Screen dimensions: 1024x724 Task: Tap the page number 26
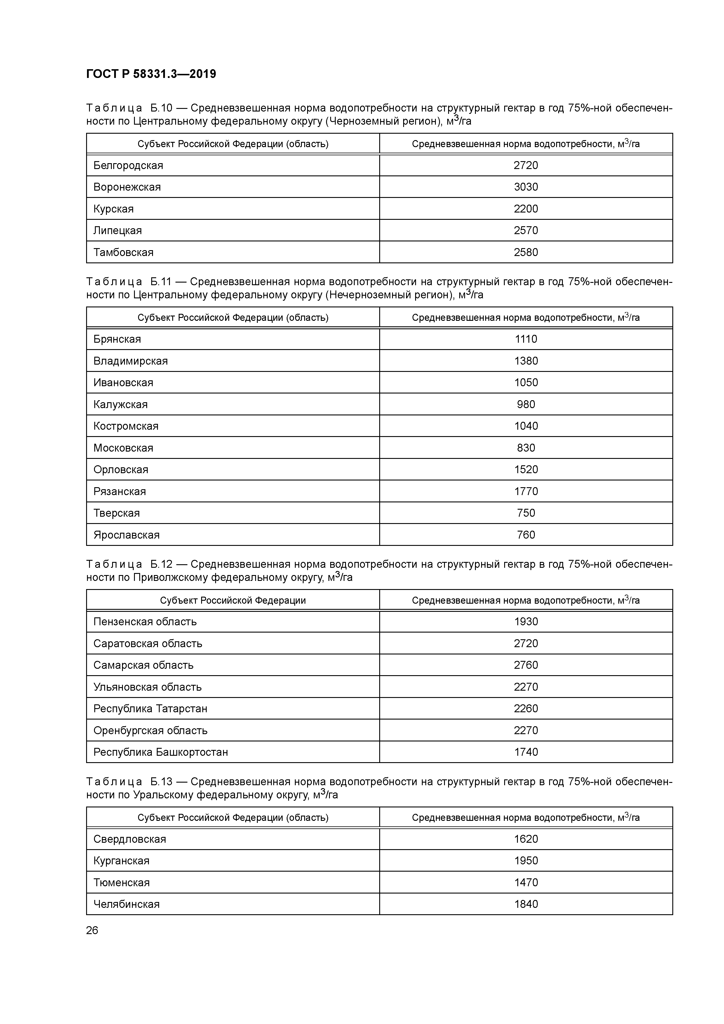tap(92, 930)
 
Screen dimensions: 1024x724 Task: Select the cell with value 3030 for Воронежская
tap(526, 187)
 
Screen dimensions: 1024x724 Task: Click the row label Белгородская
tap(128, 166)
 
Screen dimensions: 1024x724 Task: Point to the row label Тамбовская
tap(123, 252)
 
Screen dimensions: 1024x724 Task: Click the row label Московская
tap(123, 448)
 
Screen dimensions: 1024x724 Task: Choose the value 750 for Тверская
tap(526, 513)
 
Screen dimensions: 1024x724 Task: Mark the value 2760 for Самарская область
tap(526, 665)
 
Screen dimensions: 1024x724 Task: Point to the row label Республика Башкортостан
tap(161, 752)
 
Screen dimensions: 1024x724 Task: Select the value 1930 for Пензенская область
tap(526, 622)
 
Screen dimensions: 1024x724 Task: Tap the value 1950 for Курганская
tap(526, 861)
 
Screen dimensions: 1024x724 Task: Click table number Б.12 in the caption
tap(161, 564)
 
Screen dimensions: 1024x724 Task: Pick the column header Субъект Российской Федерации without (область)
tap(233, 600)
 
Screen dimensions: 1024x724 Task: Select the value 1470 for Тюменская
tap(526, 882)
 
